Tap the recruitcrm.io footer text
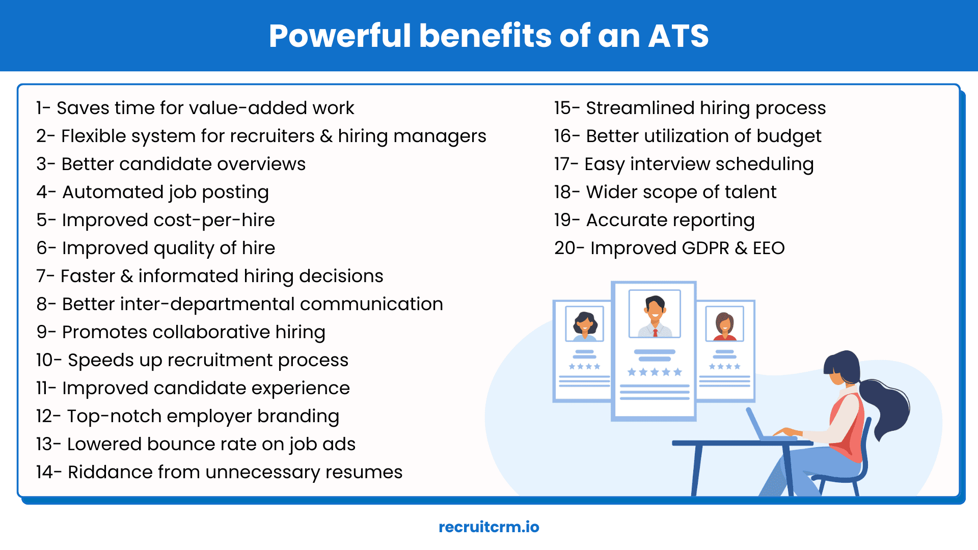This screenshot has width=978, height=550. pos(488,527)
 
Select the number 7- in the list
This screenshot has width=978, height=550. pos(45,276)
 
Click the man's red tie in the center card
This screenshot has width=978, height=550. pos(655,333)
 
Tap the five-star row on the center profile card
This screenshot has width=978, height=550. pos(655,372)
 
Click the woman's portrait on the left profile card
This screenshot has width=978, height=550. pos(585,324)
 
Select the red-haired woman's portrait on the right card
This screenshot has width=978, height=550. pos(724,324)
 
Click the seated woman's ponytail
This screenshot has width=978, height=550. pos(889,407)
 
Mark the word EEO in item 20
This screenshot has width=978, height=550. pos(769,248)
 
